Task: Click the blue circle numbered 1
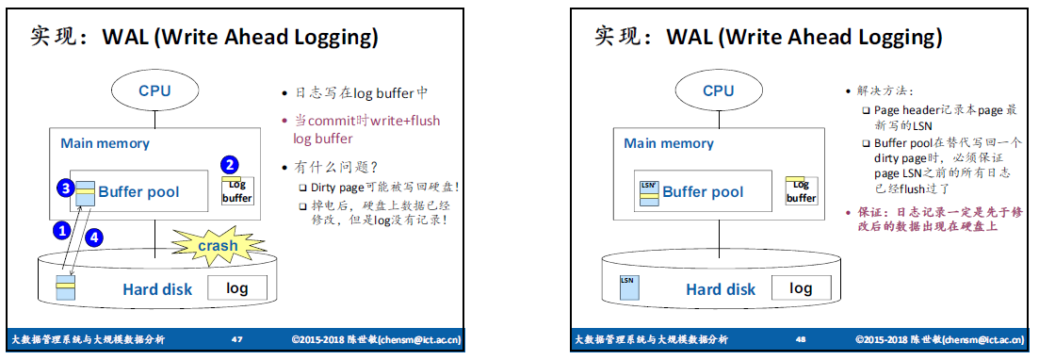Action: (x=61, y=230)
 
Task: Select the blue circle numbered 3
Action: (x=65, y=188)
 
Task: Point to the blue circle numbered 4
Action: (x=95, y=237)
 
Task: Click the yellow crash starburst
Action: (x=218, y=246)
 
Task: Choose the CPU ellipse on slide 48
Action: (x=719, y=90)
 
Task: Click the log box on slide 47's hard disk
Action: (x=237, y=287)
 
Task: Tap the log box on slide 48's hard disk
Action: (x=801, y=287)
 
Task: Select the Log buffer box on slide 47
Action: (x=237, y=191)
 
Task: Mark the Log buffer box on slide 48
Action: (x=801, y=191)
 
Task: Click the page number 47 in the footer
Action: (x=236, y=339)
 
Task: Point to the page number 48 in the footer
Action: (x=801, y=339)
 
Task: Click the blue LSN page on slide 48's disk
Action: (x=627, y=288)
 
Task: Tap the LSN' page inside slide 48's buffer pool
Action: (x=649, y=192)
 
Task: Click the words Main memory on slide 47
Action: (x=105, y=143)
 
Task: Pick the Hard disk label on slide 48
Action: (x=721, y=289)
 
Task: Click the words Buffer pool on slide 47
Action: (x=138, y=192)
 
